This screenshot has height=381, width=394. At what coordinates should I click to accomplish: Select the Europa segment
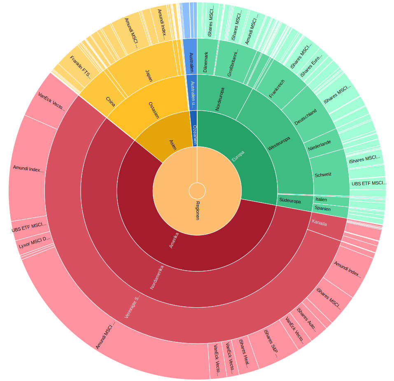[x=238, y=156]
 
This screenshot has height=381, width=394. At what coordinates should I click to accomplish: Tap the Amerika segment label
[x=174, y=240]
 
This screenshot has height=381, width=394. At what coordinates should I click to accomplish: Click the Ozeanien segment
[x=194, y=134]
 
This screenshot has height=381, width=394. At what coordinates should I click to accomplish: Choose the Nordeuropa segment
[x=220, y=99]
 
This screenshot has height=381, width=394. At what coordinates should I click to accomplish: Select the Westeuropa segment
[x=279, y=143]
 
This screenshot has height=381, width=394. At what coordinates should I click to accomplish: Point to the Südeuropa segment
[x=290, y=201]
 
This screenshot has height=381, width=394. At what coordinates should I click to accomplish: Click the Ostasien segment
[x=153, y=110]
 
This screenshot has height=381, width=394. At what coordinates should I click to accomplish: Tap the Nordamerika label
[x=157, y=277]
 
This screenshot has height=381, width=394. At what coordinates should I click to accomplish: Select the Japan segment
[x=149, y=75]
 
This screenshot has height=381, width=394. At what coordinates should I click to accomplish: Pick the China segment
[x=110, y=101]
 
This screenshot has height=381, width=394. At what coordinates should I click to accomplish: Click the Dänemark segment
[x=206, y=62]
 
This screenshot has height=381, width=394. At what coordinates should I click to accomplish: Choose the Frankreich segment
[x=277, y=89]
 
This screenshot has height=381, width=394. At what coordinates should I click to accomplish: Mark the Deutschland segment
[x=305, y=117]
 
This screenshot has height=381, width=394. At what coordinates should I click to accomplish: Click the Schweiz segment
[x=323, y=175]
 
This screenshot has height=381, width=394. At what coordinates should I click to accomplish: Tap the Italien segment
[x=322, y=200]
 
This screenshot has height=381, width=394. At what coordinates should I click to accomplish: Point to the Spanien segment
[x=322, y=209]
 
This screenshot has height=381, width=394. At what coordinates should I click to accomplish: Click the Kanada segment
[x=319, y=223]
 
